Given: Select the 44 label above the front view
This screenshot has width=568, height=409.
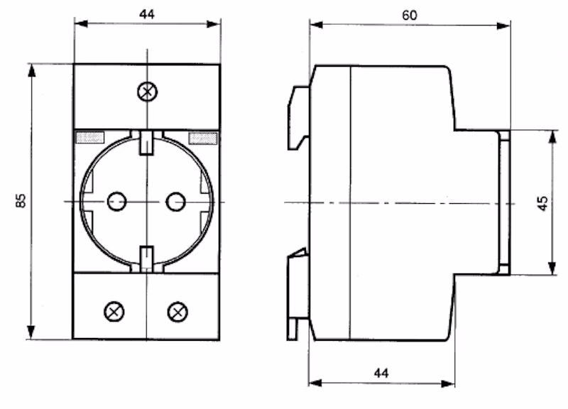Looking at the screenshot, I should [146, 13].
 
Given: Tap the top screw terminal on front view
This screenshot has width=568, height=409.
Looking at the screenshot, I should [147, 91].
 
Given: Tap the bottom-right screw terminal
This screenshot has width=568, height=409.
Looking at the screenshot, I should [177, 311].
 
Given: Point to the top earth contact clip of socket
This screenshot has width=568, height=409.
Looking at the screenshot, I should [146, 141].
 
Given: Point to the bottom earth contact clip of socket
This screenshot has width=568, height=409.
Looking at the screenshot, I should [146, 258].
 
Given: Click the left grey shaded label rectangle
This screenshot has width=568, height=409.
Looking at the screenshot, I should [90, 136].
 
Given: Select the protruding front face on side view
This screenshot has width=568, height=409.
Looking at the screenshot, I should [503, 202].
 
